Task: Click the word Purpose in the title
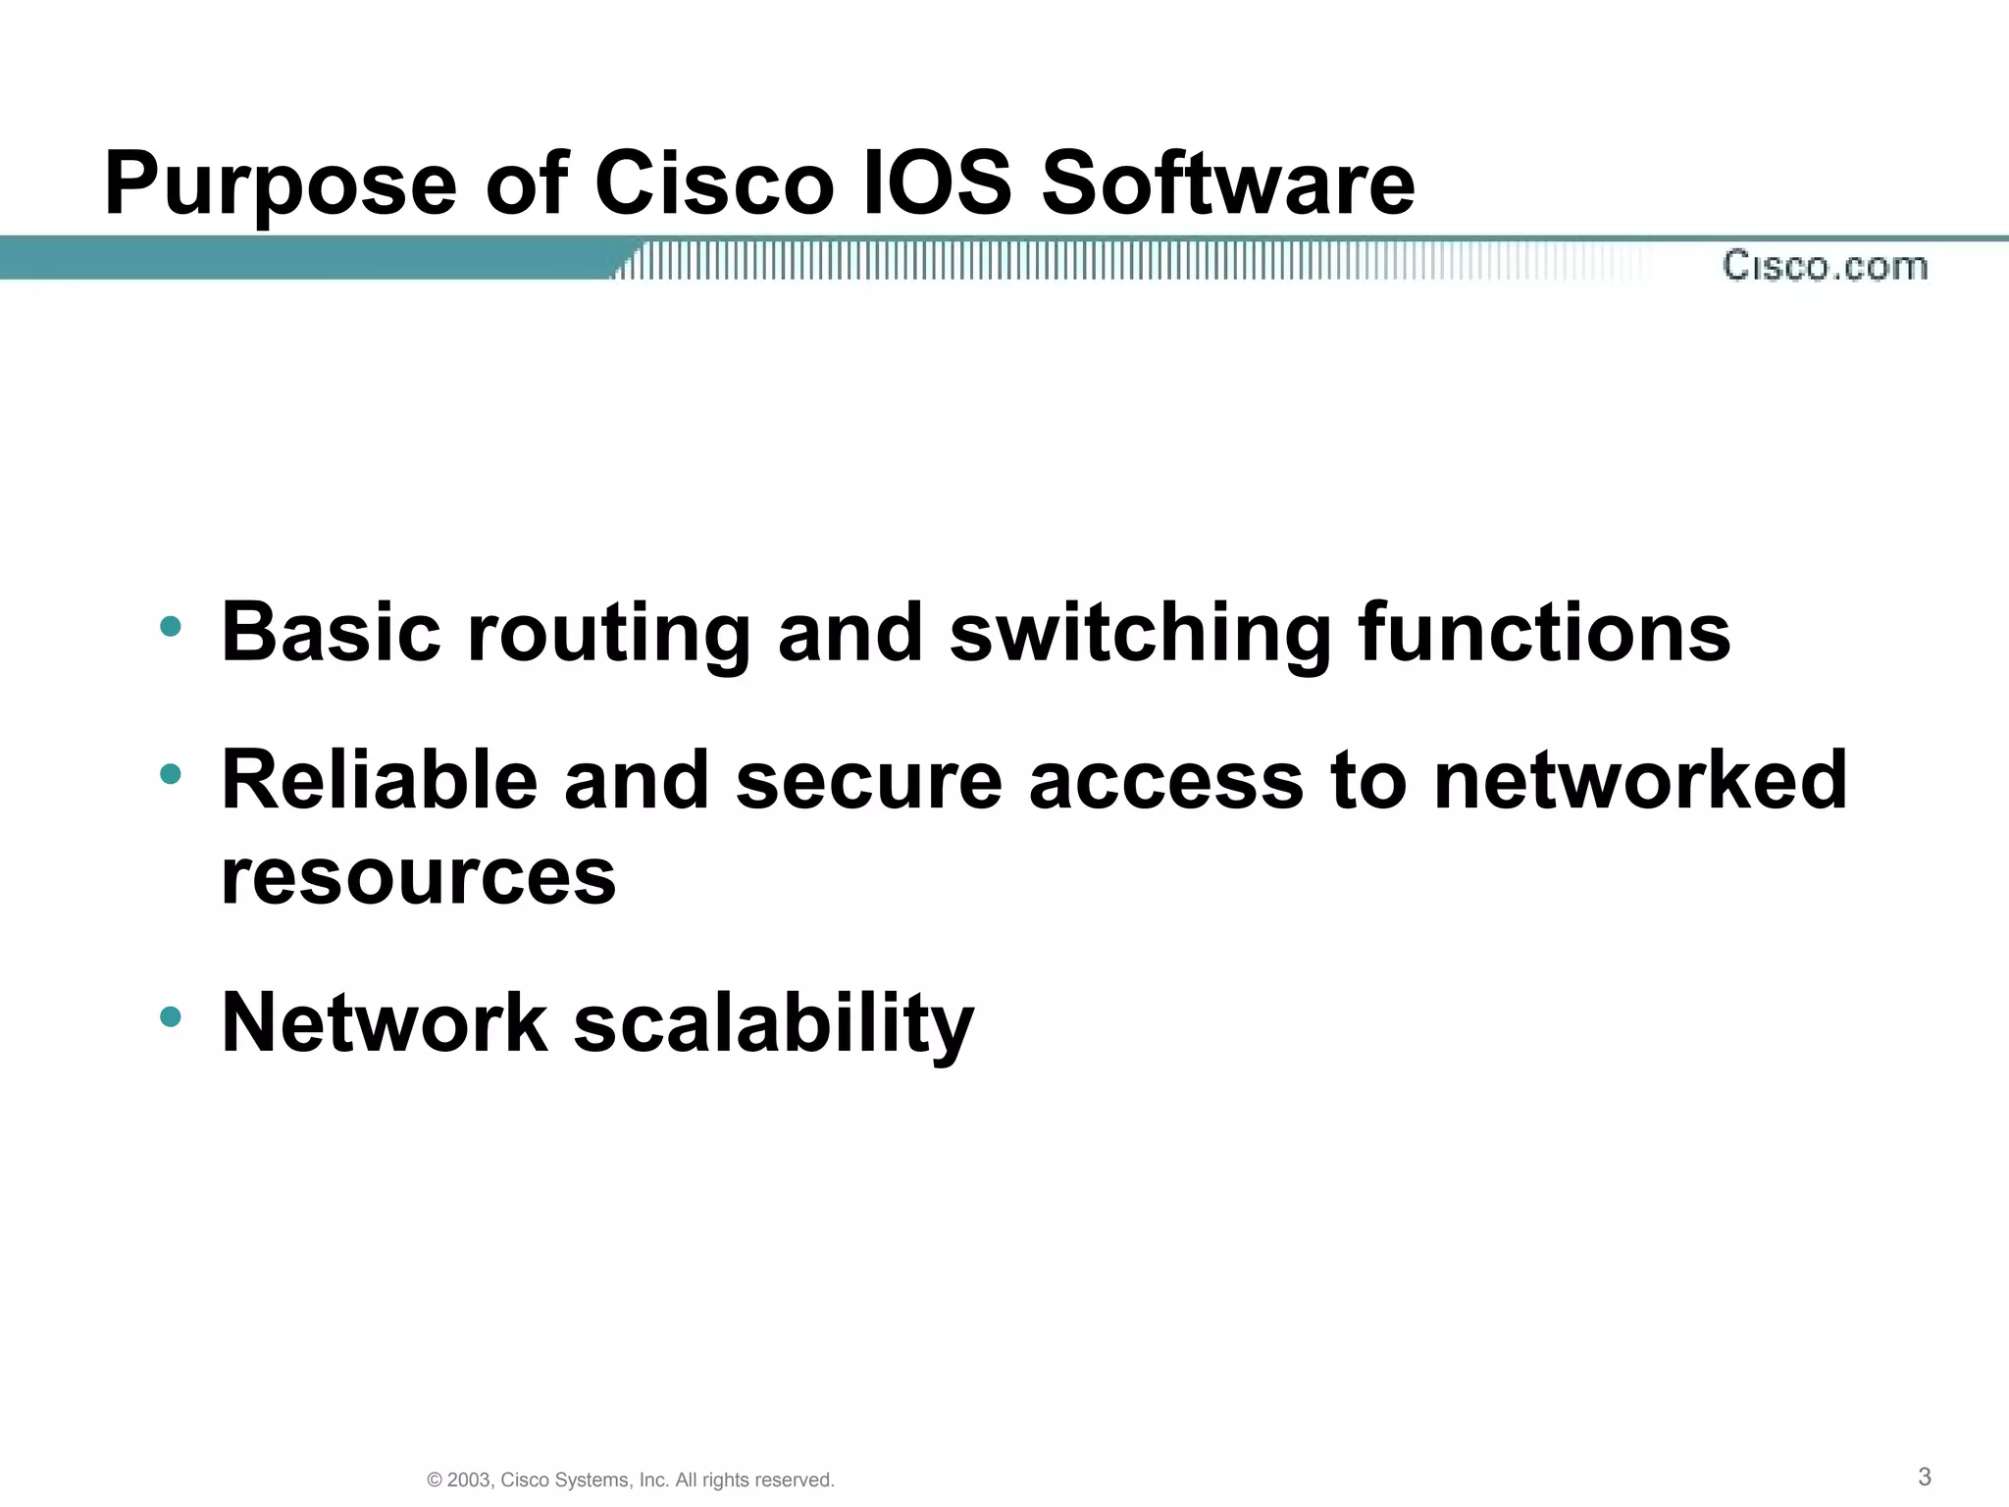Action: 281,184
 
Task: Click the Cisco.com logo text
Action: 1825,266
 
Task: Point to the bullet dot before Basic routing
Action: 171,626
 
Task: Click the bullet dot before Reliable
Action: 171,774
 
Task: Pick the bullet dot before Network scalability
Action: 171,1016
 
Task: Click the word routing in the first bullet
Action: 609,634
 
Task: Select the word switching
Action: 1140,634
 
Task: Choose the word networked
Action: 1640,780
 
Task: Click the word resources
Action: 419,877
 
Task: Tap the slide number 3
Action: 1925,1476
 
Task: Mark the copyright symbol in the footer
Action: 435,1481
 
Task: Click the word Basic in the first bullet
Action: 332,632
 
